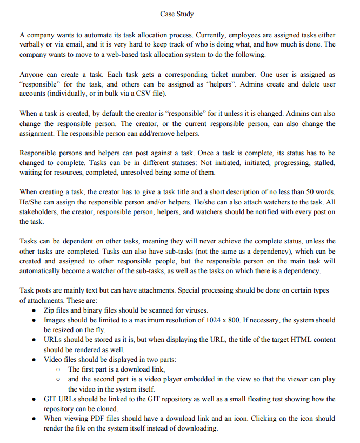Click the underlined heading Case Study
pyautogui.click(x=177, y=14)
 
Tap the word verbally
pyautogui.click(x=33, y=45)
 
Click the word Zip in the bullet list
pyautogui.click(x=50, y=310)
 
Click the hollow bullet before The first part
pyautogui.click(x=58, y=369)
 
